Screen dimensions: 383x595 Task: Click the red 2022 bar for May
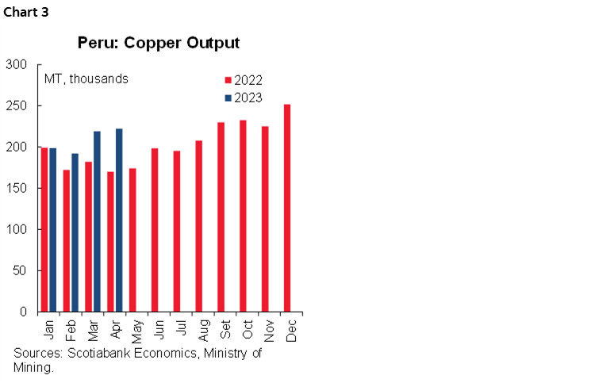click(132, 239)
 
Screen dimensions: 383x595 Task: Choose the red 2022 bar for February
click(67, 240)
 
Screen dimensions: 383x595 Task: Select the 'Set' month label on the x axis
click(225, 327)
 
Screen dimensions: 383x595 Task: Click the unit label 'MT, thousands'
click(86, 79)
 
